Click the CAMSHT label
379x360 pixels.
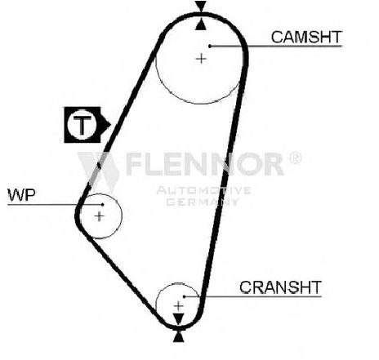[306, 37]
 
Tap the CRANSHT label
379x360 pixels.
[280, 287]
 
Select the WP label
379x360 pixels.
[22, 195]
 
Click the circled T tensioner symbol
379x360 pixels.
[82, 125]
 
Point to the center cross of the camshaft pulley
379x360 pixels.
[201, 59]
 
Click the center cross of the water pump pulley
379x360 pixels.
[99, 216]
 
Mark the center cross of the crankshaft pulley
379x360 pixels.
[178, 306]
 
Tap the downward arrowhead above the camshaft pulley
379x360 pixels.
[201, 7]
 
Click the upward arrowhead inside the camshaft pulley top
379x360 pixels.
[201, 24]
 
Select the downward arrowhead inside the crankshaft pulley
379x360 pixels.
[179, 319]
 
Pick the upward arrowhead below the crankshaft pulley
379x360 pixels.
[178, 336]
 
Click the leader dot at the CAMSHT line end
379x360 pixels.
[210, 47]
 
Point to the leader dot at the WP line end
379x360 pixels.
[102, 204]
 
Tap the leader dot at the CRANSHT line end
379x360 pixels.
[184, 296]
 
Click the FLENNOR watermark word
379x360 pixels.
[205, 164]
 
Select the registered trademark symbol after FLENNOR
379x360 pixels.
[295, 158]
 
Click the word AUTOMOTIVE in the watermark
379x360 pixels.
[203, 190]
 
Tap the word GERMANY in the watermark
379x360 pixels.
[203, 202]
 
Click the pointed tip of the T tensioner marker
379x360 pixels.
[110, 125]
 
